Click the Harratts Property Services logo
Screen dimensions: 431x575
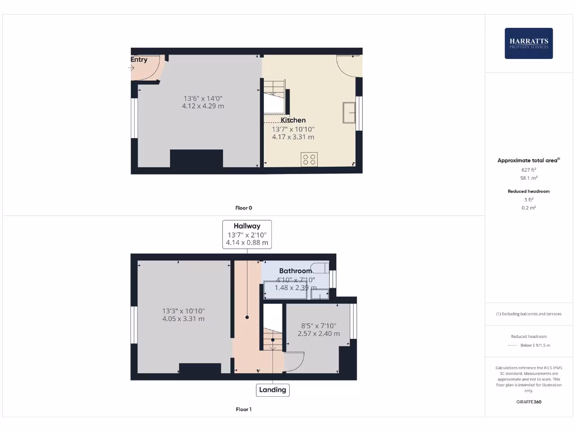(528, 43)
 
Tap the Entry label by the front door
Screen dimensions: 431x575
(139, 59)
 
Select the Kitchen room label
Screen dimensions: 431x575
(293, 120)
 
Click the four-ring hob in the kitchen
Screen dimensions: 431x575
(309, 159)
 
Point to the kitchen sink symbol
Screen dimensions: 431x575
(349, 112)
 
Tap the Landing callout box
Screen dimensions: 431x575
(272, 389)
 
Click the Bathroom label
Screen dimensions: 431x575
(295, 270)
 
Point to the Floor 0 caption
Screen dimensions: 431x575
(243, 208)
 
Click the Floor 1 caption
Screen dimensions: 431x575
(243, 409)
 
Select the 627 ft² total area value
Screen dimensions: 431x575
(529, 169)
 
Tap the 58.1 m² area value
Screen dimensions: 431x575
(529, 177)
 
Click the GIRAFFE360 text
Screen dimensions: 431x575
(528, 402)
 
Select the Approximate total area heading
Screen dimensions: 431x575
(528, 161)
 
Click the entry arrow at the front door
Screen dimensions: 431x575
(132, 68)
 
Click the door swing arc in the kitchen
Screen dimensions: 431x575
(347, 67)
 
